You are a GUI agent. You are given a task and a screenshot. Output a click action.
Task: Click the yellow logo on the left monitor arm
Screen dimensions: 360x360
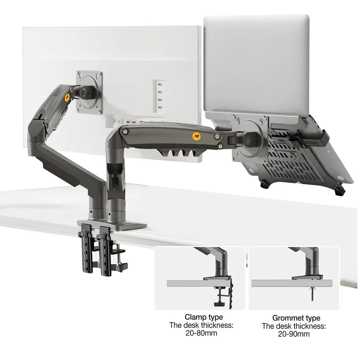pyautogui.click(x=67, y=97)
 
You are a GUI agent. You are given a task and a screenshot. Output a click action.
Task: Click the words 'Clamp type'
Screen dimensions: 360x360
pyautogui.click(x=204, y=317)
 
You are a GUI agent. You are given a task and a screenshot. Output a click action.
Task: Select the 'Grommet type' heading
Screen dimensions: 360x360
pyautogui.click(x=296, y=318)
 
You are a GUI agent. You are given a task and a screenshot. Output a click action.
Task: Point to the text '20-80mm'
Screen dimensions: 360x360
pyautogui.click(x=201, y=333)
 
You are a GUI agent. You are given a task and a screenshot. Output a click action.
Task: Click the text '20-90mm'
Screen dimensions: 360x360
pyautogui.click(x=294, y=334)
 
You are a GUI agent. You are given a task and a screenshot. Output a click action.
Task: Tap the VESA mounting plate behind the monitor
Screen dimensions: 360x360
pyautogui.click(x=89, y=92)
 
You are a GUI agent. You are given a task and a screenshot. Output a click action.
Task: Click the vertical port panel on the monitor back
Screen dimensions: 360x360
pyautogui.click(x=159, y=96)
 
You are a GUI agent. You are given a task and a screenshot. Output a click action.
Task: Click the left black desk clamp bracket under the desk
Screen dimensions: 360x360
pyautogui.click(x=86, y=251)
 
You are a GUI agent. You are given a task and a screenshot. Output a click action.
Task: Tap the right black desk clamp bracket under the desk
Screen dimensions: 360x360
pyautogui.click(x=105, y=251)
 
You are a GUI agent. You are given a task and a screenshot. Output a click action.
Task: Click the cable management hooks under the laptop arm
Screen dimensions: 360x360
pyautogui.click(x=177, y=152)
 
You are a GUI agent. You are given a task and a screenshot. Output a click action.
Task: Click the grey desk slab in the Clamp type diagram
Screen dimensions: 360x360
pyautogui.click(x=199, y=283)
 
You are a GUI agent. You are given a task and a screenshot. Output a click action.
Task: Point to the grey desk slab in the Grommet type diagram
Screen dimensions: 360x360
pyautogui.click(x=292, y=283)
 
